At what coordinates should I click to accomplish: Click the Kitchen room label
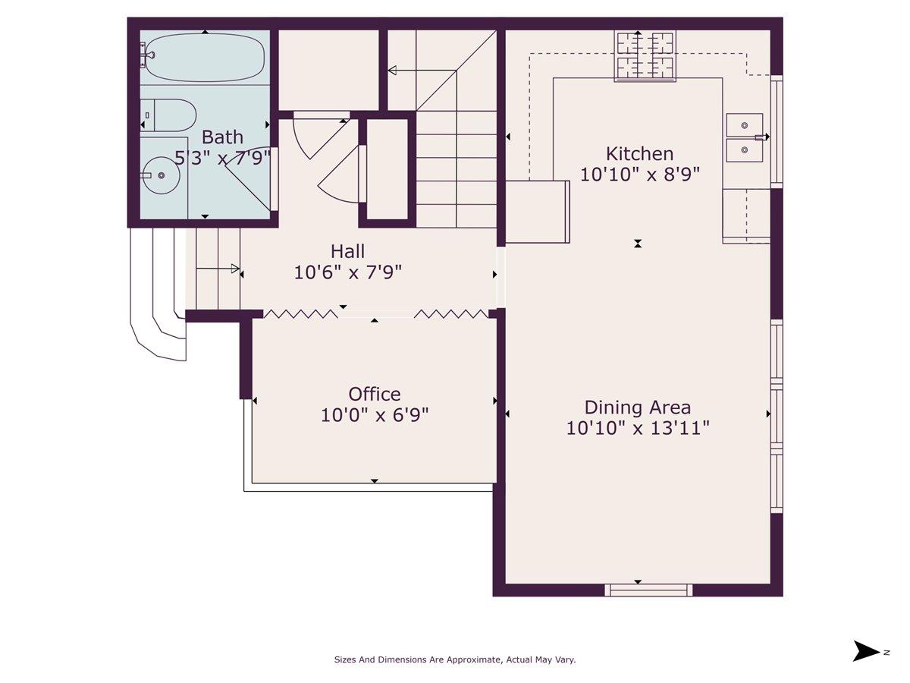pos(639,154)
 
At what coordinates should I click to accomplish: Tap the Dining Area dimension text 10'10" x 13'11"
pos(638,428)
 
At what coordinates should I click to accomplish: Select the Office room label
pos(375,394)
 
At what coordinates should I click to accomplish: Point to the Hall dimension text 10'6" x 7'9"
pos(347,272)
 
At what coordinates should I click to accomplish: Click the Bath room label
pos(222,137)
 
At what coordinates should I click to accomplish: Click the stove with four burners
pos(645,55)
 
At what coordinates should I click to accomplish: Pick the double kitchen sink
pos(744,137)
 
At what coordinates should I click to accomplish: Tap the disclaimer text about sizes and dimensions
pos(455,659)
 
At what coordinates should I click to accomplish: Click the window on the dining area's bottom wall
pos(648,589)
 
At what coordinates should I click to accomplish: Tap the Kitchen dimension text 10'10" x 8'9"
pos(639,174)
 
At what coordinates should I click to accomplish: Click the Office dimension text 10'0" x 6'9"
pos(375,415)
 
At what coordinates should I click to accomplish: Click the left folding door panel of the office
pos(300,313)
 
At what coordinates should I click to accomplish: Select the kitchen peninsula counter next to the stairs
pos(538,212)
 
